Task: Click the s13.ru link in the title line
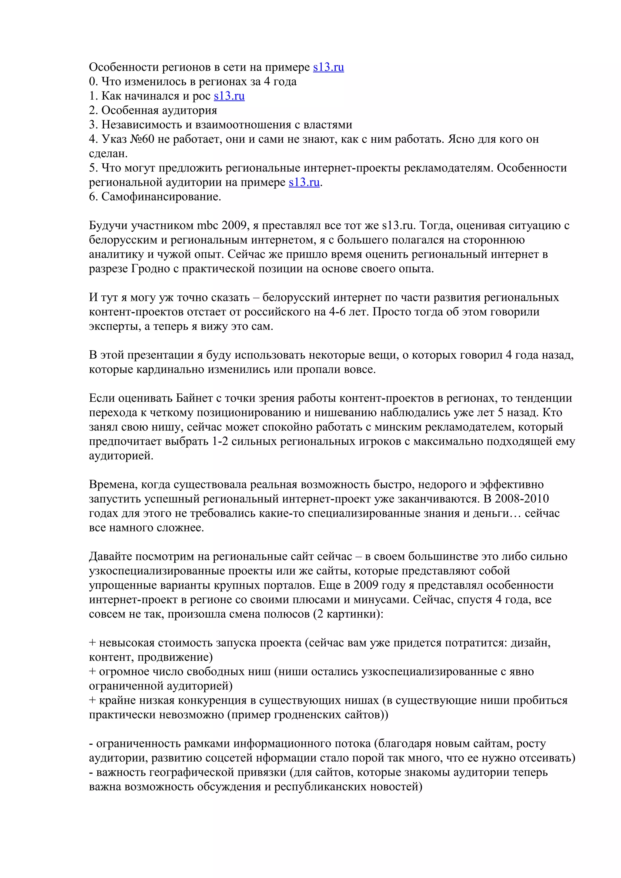pos(328,67)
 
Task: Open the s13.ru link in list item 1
pos(229,96)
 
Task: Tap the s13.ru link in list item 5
pos(304,182)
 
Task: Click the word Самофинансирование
pos(161,197)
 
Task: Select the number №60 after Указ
pos(142,139)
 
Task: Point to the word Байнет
pos(194,398)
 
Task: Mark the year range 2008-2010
pos(522,499)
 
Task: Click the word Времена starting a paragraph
pos(114,485)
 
